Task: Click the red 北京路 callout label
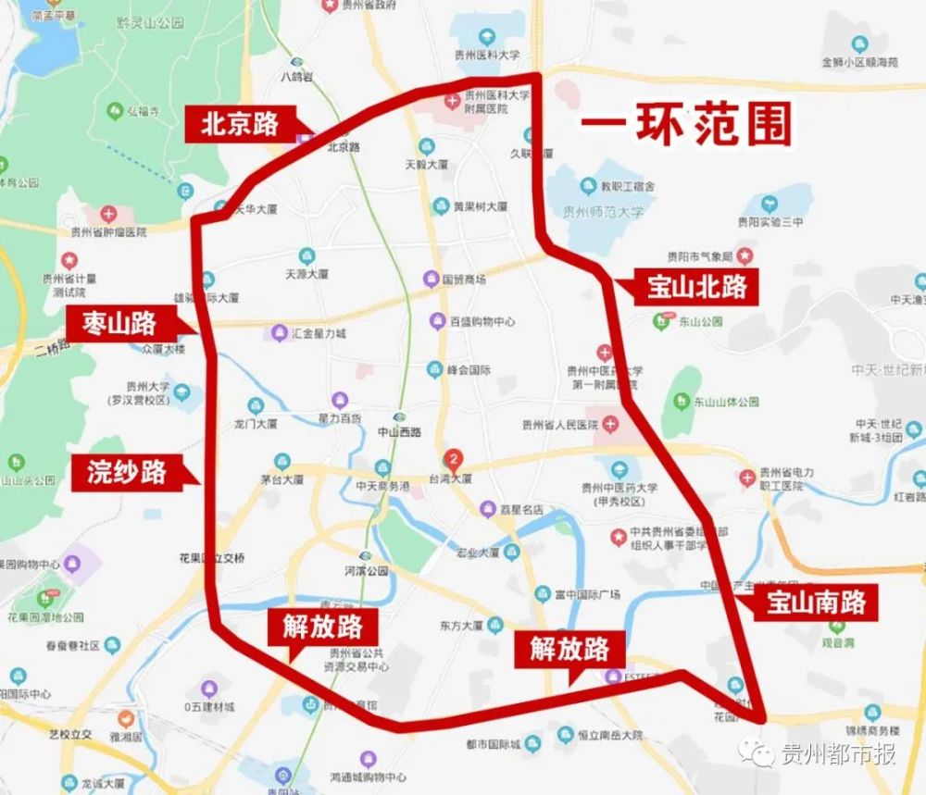pyautogui.click(x=239, y=124)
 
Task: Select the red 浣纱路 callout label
pyautogui.click(x=127, y=471)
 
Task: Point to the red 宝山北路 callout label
pyautogui.click(x=696, y=287)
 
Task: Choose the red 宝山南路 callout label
pyautogui.click(x=816, y=602)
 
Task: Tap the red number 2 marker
pyautogui.click(x=453, y=457)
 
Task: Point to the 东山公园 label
pyautogui.click(x=699, y=322)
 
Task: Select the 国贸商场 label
pyautogui.click(x=463, y=279)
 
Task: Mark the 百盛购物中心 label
pyautogui.click(x=482, y=322)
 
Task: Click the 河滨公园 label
pyautogui.click(x=366, y=571)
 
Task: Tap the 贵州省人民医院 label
pyautogui.click(x=561, y=425)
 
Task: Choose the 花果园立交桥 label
pyautogui.click(x=212, y=558)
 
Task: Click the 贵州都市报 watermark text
pyautogui.click(x=838, y=753)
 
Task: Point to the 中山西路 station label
pyautogui.click(x=400, y=432)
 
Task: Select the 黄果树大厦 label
pyautogui.click(x=480, y=206)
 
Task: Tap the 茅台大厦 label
pyautogui.click(x=282, y=479)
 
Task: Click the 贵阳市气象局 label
pyautogui.click(x=700, y=255)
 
